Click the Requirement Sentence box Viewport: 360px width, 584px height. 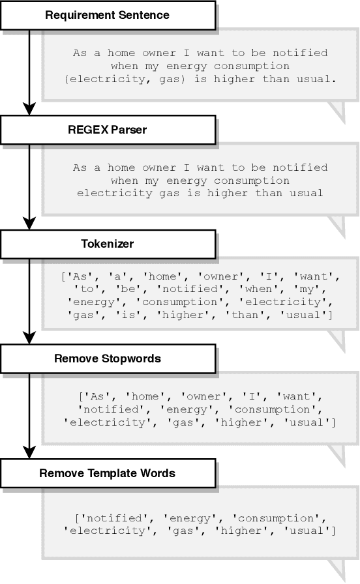[108, 15]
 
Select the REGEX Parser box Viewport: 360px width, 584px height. [108, 130]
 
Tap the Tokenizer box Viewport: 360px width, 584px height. [108, 244]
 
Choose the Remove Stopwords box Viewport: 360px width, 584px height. [108, 358]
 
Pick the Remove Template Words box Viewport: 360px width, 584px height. [108, 473]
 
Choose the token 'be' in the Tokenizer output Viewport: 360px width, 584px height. [110, 289]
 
